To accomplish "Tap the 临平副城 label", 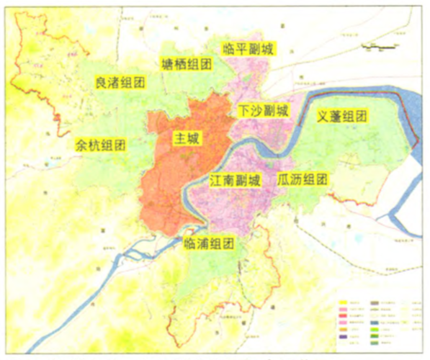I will pos(249,48).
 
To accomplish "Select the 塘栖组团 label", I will pos(187,65).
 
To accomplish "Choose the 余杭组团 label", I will pos(100,145).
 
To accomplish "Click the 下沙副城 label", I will pos(263,111).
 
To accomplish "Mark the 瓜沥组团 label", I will pos(303,179).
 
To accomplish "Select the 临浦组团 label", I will pos(209,243).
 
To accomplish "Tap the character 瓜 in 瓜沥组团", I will pos(284,179).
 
